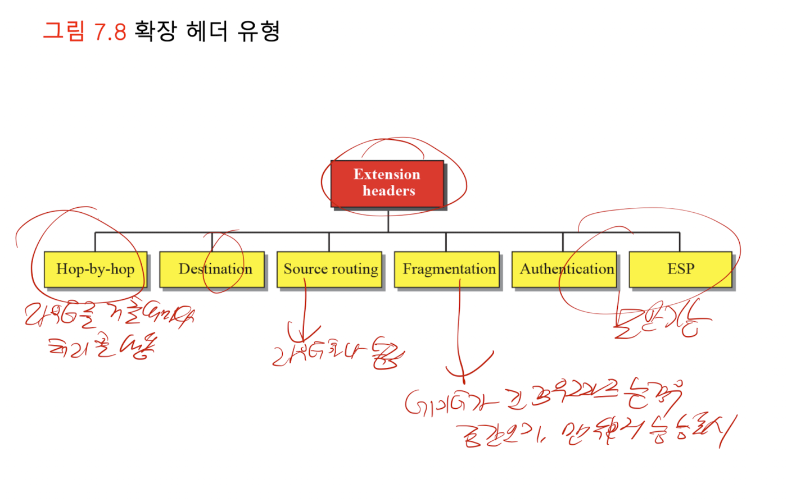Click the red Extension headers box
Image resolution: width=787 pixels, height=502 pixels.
[387, 183]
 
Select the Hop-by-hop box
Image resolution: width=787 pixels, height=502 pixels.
[95, 270]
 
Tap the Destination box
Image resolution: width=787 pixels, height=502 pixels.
[212, 270]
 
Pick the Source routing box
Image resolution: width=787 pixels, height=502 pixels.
[329, 270]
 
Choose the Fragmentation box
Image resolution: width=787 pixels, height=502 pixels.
[447, 270]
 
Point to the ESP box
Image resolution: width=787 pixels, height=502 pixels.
[680, 270]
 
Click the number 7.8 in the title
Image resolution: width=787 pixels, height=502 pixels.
[110, 31]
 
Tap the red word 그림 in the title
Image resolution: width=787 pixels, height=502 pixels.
[64, 31]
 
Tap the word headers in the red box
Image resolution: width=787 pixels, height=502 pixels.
[388, 191]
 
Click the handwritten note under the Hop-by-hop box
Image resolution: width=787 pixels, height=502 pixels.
[107, 331]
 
